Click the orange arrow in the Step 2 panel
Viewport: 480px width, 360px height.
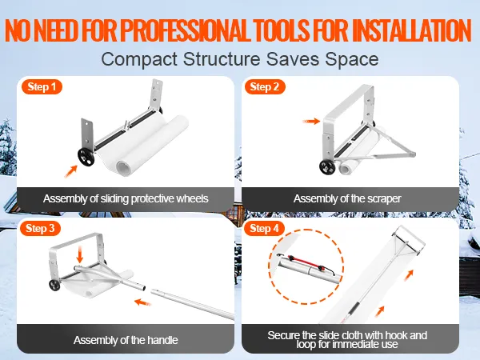(x=311, y=122)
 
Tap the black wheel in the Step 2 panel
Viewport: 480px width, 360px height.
(x=327, y=167)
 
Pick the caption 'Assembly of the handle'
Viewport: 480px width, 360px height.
(x=126, y=340)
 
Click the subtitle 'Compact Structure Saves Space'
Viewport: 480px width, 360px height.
(x=239, y=59)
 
